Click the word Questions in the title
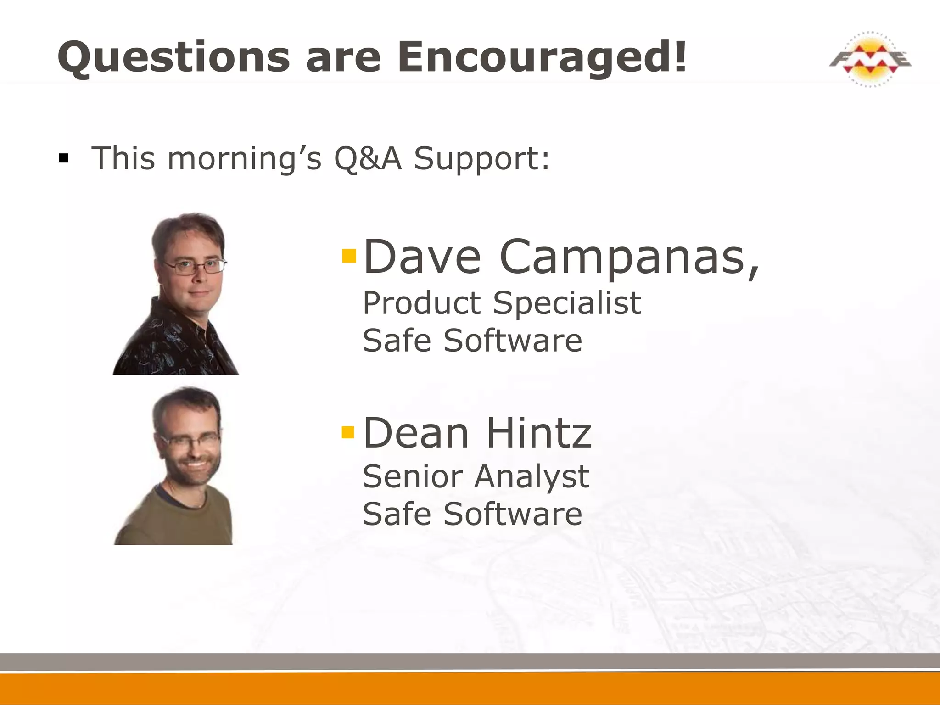tap(173, 57)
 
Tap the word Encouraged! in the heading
tap(542, 57)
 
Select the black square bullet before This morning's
tap(63, 159)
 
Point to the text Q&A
tap(368, 158)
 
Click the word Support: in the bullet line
tap(481, 158)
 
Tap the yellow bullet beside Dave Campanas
tap(349, 256)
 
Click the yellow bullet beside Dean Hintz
tap(348, 432)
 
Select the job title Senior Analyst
tap(476, 476)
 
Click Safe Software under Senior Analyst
tap(472, 514)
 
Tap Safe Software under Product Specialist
tap(472, 341)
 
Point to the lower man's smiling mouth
tap(196, 464)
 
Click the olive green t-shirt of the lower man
tap(184, 523)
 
